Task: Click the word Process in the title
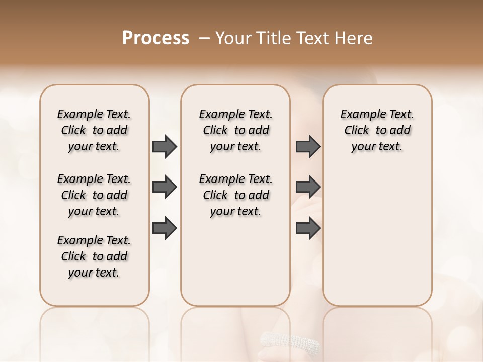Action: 155,38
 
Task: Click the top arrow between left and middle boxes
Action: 165,146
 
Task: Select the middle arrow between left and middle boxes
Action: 165,188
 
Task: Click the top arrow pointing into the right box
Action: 308,146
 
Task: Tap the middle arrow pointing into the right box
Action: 308,188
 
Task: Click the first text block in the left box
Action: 94,130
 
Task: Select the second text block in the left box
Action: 94,195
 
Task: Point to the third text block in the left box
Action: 94,256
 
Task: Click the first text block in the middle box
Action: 235,130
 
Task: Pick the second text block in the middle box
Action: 235,195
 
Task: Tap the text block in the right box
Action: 377,130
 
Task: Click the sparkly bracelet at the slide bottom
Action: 290,342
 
